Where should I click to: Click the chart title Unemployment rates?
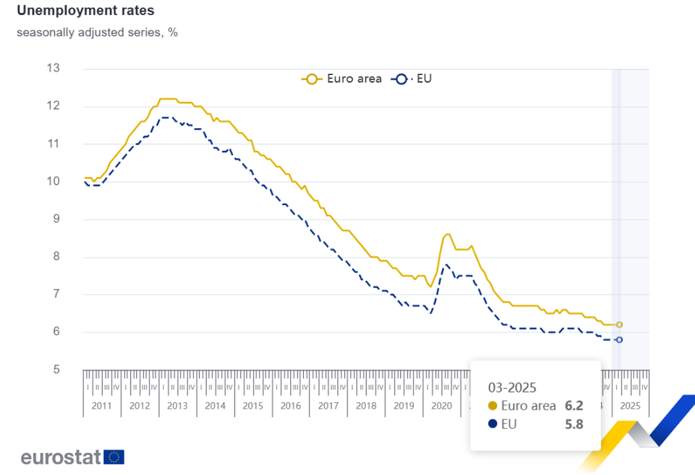pyautogui.click(x=86, y=11)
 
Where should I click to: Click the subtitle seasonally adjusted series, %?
pyautogui.click(x=97, y=32)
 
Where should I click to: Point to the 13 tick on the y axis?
pyautogui.click(x=53, y=68)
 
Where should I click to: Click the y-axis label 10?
pyautogui.click(x=53, y=182)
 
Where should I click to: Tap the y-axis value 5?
pyautogui.click(x=56, y=370)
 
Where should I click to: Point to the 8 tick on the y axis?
pyautogui.click(x=56, y=257)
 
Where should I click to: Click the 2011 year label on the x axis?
pyautogui.click(x=102, y=405)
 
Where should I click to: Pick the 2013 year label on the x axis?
pyautogui.click(x=177, y=405)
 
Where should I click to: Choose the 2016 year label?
pyautogui.click(x=291, y=405)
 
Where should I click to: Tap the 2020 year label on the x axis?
pyautogui.click(x=441, y=405)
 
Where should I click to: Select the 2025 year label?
pyautogui.click(x=630, y=405)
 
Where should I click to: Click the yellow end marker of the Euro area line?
pyautogui.click(x=619, y=324)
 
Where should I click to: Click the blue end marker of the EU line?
pyautogui.click(x=619, y=339)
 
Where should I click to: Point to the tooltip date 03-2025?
pyautogui.click(x=512, y=387)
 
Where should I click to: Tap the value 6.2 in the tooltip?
pyautogui.click(x=573, y=405)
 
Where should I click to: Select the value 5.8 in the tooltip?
pyautogui.click(x=573, y=424)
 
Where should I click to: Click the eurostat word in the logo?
pyautogui.click(x=60, y=456)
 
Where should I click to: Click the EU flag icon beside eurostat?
pyautogui.click(x=114, y=456)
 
